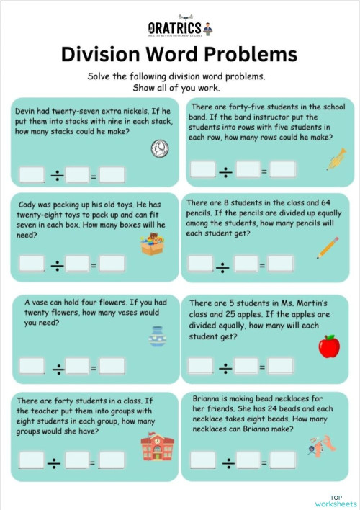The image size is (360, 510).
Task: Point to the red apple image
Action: click(329, 346)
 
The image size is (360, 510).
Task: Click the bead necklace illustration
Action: click(322, 444)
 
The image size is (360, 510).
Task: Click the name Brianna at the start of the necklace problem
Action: click(209, 397)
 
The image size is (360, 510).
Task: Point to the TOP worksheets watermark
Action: click(336, 500)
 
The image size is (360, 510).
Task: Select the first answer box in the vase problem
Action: click(32, 366)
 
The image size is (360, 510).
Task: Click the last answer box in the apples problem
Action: click(282, 366)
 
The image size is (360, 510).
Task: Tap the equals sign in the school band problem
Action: click(264, 170)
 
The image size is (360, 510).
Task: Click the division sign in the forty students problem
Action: click(56, 460)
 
